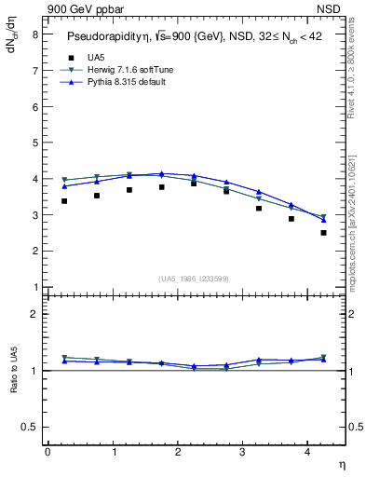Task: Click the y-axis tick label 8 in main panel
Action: coord(34,34)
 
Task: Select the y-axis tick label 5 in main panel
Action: coord(34,143)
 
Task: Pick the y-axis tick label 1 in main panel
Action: coord(34,286)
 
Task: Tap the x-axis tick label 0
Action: coord(47,451)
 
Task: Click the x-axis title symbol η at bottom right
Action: coord(341,464)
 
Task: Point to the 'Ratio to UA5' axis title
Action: coord(14,384)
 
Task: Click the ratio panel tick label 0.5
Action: coord(30,426)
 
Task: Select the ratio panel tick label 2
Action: coord(34,314)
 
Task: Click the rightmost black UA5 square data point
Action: coord(323,233)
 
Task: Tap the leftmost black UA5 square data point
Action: coord(64,200)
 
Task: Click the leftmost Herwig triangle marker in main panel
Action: coord(64,180)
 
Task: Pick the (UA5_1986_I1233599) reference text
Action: coord(194,279)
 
